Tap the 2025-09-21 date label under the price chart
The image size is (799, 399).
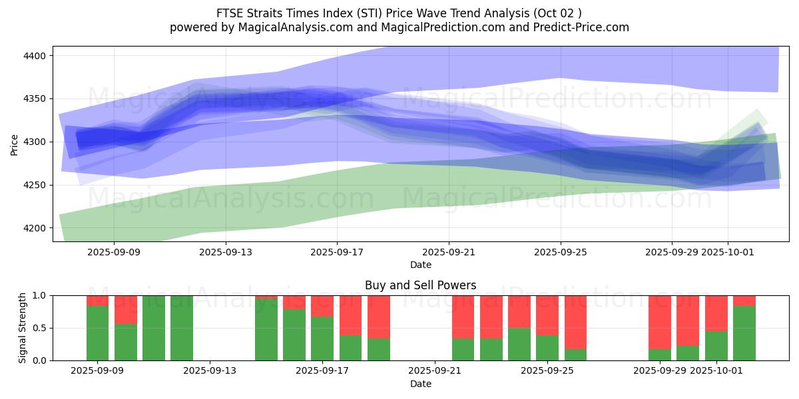coord(449,252)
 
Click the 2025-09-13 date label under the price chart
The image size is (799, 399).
coord(226,252)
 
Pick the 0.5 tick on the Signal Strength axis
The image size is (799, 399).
coord(39,328)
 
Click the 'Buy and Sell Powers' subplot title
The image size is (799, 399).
coord(420,285)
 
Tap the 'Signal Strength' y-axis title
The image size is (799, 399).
coord(23,328)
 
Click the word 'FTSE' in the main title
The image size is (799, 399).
coord(229,13)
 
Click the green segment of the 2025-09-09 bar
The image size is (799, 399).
coord(97,332)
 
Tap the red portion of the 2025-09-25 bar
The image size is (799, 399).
coord(547,315)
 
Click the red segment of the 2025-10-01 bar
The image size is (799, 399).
coord(716,313)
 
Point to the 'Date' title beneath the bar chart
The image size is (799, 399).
coord(420,384)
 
